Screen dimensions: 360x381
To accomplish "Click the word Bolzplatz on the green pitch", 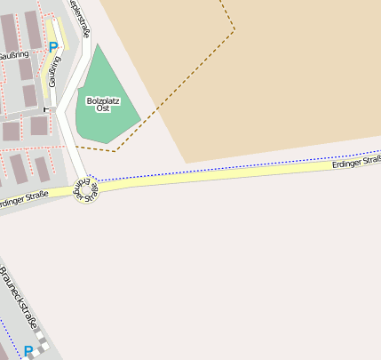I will click(103, 100).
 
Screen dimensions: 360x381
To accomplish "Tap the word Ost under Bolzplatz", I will click(103, 108).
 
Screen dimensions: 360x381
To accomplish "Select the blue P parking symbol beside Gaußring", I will click(53, 46).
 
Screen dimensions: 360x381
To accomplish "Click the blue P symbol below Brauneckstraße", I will click(28, 351).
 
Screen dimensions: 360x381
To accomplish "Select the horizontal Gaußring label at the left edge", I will click(13, 55).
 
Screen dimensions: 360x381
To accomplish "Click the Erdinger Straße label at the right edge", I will click(355, 162).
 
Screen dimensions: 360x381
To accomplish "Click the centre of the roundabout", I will click(85, 189).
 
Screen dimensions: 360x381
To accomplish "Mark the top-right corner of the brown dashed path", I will click(235, 30).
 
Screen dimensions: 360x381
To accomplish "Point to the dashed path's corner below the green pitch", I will click(115, 151).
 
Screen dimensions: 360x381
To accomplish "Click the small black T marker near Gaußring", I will click(44, 108).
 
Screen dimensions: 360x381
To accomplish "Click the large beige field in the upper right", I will click(293, 80).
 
